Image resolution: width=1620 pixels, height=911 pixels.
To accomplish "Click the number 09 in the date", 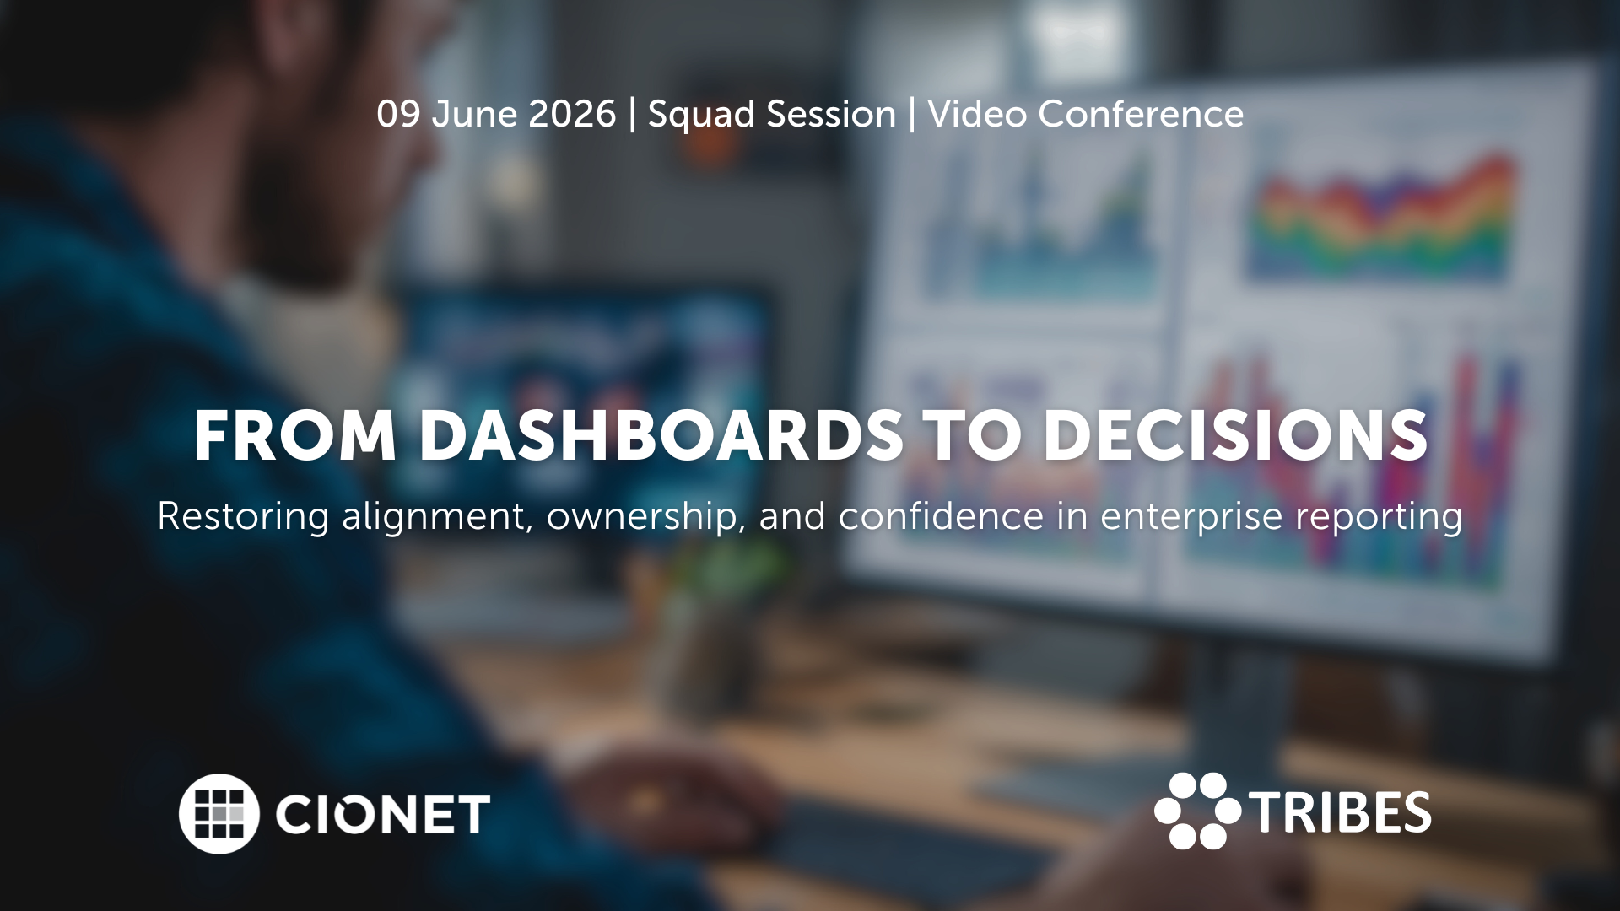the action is [398, 114].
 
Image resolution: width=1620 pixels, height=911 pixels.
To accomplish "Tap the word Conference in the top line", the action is [1141, 114].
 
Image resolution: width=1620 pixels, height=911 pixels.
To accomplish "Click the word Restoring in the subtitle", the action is [243, 517].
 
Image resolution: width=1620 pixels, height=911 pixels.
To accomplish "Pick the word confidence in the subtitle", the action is [941, 516].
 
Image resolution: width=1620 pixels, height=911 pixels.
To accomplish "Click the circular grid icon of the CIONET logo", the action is [219, 813].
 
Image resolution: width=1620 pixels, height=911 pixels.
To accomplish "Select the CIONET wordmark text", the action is [382, 814].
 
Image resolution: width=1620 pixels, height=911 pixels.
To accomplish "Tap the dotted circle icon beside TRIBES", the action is [1196, 811].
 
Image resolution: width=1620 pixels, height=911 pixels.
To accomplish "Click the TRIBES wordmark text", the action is [1340, 812].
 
